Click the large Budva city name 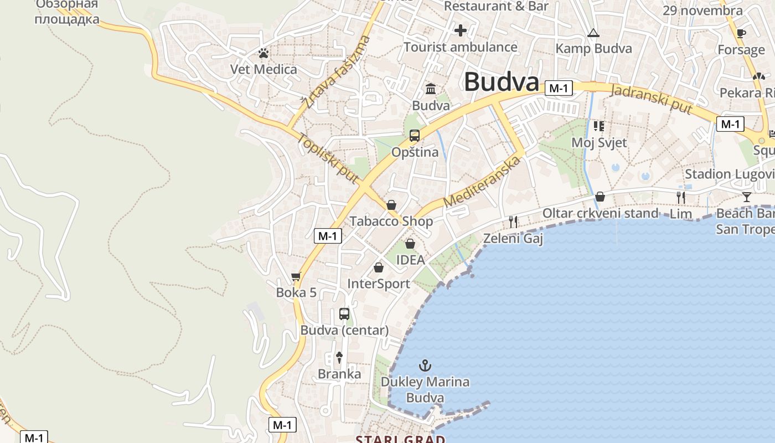(x=501, y=82)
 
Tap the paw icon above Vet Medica (x=263, y=53)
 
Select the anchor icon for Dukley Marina (x=425, y=365)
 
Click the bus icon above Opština (x=414, y=136)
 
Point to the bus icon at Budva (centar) (x=344, y=314)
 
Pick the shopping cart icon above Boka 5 (x=296, y=276)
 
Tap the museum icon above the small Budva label (x=431, y=89)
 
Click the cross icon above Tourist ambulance (x=460, y=30)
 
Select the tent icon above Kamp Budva (x=593, y=33)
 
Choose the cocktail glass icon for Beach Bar (x=746, y=197)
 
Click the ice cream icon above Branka (x=339, y=357)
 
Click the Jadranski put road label (x=651, y=99)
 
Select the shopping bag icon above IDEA (x=410, y=244)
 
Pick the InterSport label (x=379, y=284)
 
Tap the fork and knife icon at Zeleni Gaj (x=513, y=222)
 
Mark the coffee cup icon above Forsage (x=741, y=33)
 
